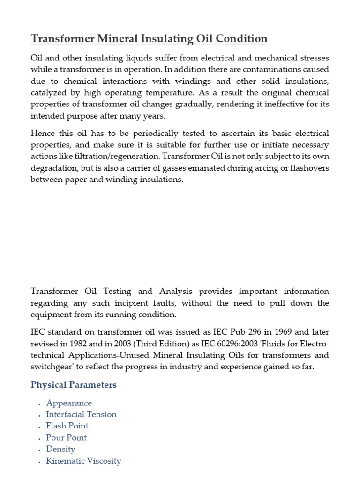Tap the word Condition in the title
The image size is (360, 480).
click(239, 39)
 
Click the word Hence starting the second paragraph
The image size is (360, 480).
click(43, 134)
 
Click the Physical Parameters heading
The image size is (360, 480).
click(74, 385)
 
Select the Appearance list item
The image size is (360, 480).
click(69, 403)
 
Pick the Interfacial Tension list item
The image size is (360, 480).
click(81, 414)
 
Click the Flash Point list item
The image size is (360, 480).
click(67, 426)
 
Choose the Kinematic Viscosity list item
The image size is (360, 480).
click(83, 461)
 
